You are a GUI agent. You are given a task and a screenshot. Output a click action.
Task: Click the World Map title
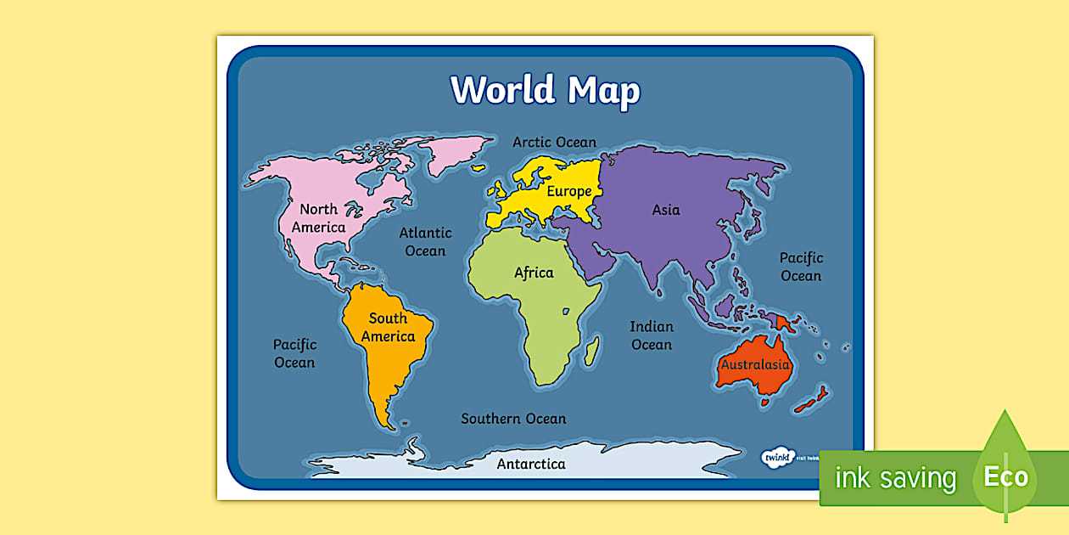coord(545,90)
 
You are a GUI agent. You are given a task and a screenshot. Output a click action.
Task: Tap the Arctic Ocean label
coord(554,142)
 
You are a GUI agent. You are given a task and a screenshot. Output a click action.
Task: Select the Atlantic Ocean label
coord(425,241)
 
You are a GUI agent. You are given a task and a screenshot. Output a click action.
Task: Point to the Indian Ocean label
coord(652,335)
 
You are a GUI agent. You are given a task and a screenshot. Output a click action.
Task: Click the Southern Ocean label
coord(513,419)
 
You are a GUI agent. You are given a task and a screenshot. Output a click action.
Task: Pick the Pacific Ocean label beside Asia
coord(801,267)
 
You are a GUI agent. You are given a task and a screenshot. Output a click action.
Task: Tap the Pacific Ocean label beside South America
coord(294,353)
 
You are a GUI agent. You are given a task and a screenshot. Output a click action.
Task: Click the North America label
coord(318,218)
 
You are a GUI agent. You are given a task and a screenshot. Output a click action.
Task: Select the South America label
coord(388,327)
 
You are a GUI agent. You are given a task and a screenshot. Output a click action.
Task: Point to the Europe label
coord(568,191)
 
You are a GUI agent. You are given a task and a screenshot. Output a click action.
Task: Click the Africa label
coord(534,273)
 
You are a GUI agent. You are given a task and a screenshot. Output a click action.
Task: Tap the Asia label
coord(666,210)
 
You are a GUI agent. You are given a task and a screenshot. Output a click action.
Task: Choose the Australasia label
coord(755,365)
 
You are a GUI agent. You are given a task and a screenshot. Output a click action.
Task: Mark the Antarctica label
coord(531,464)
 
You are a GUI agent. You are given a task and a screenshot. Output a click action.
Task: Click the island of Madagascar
coord(591,349)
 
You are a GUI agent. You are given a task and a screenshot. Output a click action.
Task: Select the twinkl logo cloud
coord(775,457)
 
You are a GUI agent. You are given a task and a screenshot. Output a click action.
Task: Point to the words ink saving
coord(895,478)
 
